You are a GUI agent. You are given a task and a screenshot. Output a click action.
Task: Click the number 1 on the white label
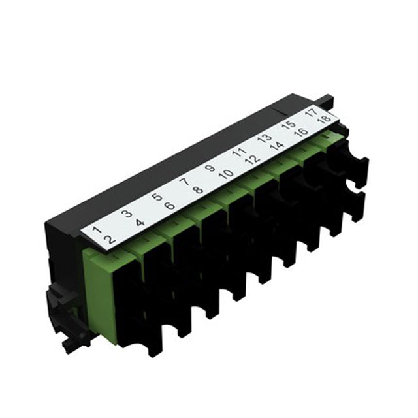point(97,229)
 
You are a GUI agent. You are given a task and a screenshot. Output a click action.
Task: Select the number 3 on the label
point(127,214)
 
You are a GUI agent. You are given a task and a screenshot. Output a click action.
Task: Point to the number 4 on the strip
point(140,223)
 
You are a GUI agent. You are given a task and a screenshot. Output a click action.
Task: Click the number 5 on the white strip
point(157,197)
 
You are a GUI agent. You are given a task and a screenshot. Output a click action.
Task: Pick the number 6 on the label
point(170,206)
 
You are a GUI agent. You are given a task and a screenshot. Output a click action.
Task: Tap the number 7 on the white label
point(184,182)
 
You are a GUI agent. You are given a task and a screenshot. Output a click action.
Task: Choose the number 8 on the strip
point(198,190)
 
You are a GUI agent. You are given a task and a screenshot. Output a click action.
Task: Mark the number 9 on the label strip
point(210,168)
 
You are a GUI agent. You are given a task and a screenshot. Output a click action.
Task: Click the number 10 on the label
point(226,174)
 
